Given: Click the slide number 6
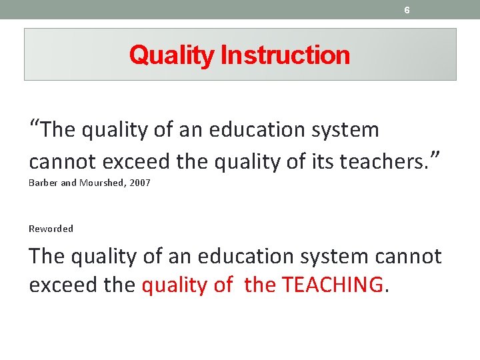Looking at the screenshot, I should pyautogui.click(x=407, y=10).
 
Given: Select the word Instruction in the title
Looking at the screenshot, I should pyautogui.click(x=285, y=55).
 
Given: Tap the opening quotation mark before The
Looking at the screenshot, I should pyautogui.click(x=35, y=125).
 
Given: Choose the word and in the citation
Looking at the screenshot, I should pyautogui.click(x=69, y=183).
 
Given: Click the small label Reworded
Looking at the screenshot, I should pyautogui.click(x=51, y=229).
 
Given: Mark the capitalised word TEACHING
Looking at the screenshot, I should pyautogui.click(x=333, y=285).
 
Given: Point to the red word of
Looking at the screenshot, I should pyautogui.click(x=223, y=285).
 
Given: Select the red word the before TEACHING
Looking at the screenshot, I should pyautogui.click(x=261, y=285).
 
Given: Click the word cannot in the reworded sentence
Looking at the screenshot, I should pyautogui.click(x=407, y=257).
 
